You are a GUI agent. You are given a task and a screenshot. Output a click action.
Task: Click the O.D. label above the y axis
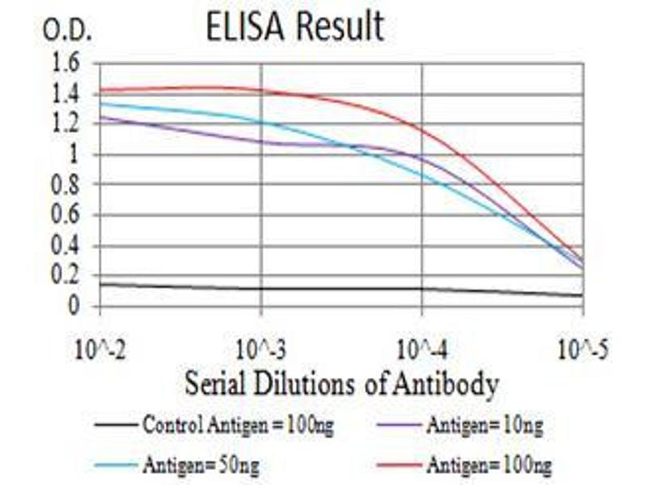click(x=67, y=32)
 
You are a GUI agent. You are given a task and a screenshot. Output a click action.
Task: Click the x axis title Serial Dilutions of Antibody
click(x=340, y=384)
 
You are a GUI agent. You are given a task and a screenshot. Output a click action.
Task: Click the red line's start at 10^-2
click(x=100, y=90)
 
